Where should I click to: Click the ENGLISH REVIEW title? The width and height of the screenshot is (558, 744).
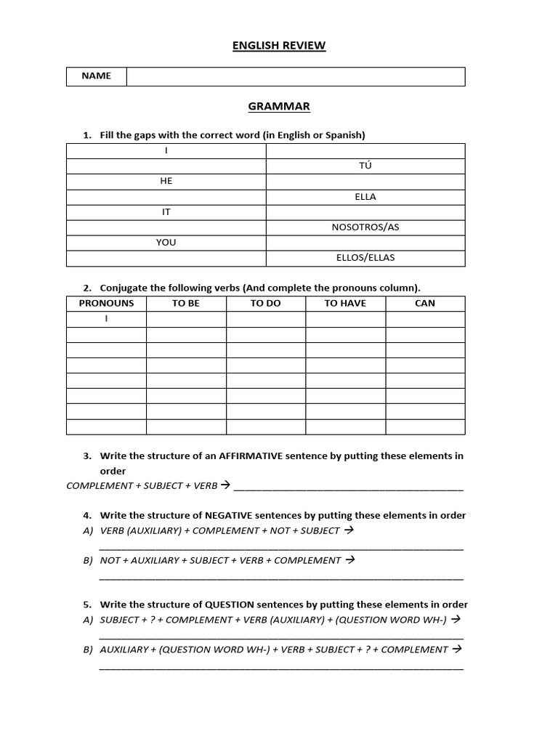[279, 46]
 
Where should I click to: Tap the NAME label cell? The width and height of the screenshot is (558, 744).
[97, 76]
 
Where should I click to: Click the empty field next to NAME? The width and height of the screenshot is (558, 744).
[296, 76]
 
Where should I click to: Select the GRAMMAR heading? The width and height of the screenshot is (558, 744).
[279, 107]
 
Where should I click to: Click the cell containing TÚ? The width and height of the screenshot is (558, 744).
[365, 166]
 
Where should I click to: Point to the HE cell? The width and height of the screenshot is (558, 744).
[166, 181]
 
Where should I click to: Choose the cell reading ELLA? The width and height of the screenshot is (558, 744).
[365, 196]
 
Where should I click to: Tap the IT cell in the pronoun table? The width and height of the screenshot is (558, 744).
[166, 211]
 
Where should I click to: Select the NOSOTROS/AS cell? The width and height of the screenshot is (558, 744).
[365, 227]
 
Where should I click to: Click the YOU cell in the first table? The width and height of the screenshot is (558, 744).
[166, 242]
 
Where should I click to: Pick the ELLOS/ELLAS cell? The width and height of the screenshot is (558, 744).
[365, 257]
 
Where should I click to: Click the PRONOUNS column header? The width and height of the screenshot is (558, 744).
[106, 303]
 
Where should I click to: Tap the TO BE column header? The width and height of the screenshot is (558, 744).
[186, 303]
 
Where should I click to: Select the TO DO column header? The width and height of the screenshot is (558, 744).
[265, 303]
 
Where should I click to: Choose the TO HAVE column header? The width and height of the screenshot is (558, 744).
[345, 303]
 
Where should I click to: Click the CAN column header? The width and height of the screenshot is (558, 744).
[425, 303]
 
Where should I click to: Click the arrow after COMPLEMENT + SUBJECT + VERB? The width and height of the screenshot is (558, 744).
[225, 485]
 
